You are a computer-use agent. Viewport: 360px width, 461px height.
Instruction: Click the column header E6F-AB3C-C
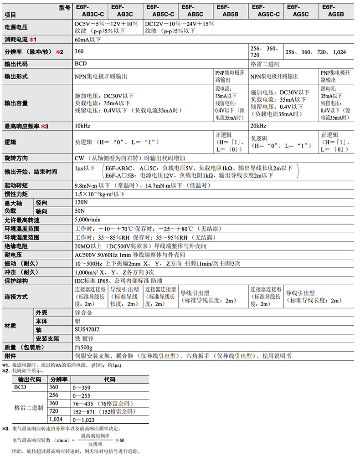(x=89, y=10)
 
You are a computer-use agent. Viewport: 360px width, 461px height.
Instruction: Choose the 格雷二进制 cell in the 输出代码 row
(x=265, y=64)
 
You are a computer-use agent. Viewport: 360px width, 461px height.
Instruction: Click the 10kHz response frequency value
(x=82, y=126)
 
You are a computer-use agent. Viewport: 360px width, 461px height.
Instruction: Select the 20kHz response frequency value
(x=258, y=126)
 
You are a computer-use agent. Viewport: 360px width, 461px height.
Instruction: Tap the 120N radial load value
(x=81, y=202)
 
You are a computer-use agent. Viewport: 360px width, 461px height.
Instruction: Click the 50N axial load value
(x=80, y=211)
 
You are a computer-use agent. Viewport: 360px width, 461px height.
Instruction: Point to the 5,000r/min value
(x=88, y=220)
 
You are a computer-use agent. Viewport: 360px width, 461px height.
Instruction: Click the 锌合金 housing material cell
(x=83, y=313)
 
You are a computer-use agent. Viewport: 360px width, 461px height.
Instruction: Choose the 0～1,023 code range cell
(x=85, y=420)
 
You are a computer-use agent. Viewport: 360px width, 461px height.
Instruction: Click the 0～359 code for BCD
(x=82, y=387)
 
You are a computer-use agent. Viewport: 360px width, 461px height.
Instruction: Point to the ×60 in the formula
(x=120, y=440)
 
